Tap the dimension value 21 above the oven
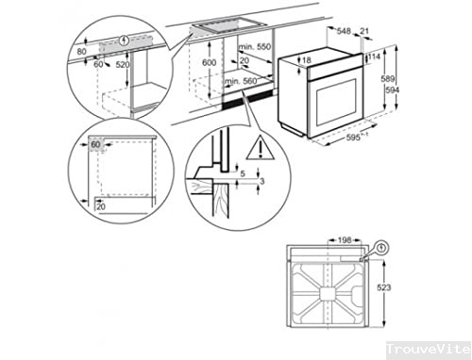365,31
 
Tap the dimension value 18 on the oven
306,60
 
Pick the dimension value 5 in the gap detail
243,173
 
